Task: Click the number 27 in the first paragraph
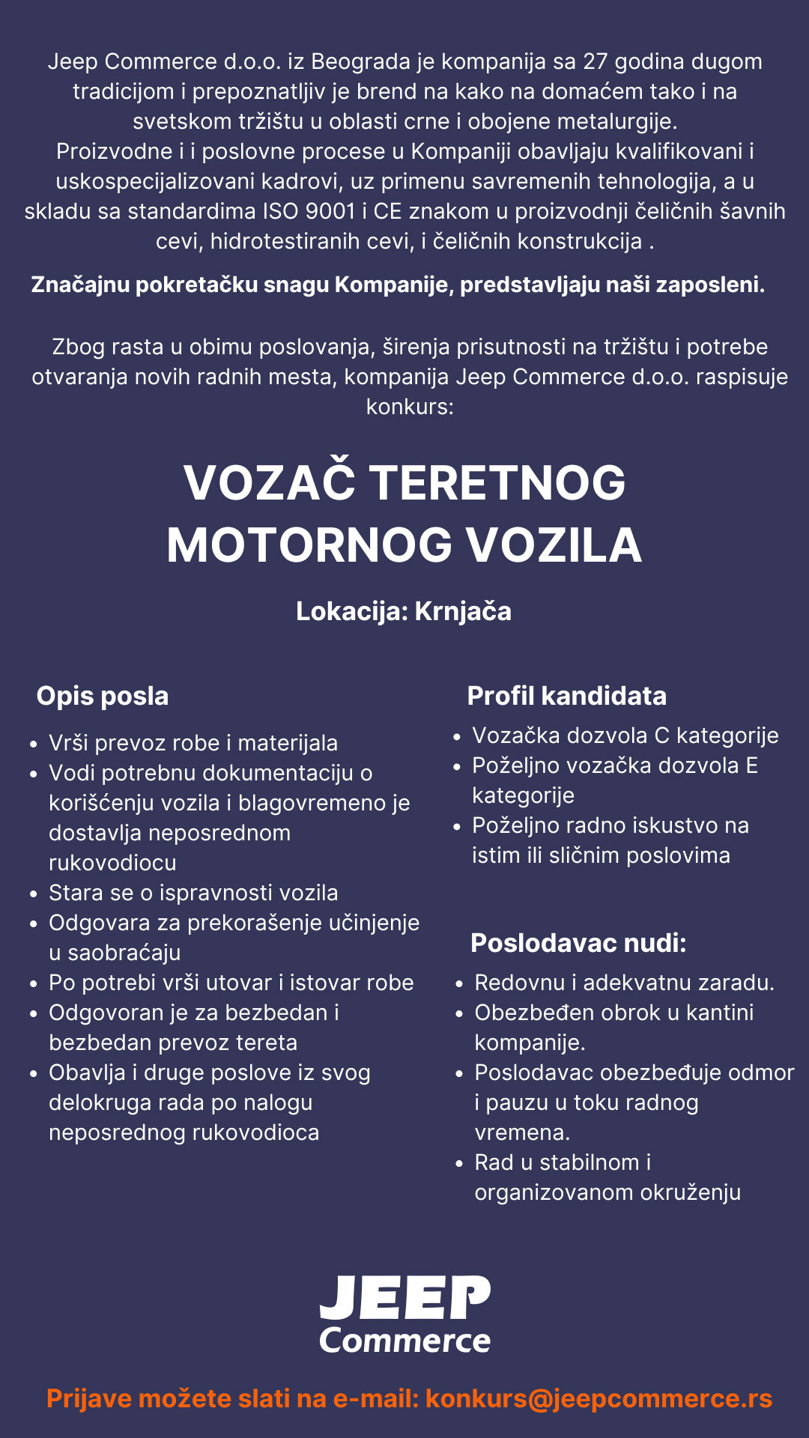tap(596, 61)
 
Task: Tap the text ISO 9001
tap(309, 211)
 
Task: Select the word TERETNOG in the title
tap(497, 482)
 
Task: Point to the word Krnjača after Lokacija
tap(463, 611)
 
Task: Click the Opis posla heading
tap(103, 696)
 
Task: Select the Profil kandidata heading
tap(566, 696)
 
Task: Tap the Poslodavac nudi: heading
tap(578, 943)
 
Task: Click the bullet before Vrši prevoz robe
tap(33, 744)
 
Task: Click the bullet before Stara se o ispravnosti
tap(33, 894)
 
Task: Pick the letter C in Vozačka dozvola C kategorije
tap(661, 735)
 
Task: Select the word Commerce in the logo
tap(404, 1341)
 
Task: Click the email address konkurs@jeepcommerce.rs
tap(599, 1398)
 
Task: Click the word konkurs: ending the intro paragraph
tap(409, 407)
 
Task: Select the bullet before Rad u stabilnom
tap(459, 1164)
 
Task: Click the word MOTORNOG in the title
tap(309, 544)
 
